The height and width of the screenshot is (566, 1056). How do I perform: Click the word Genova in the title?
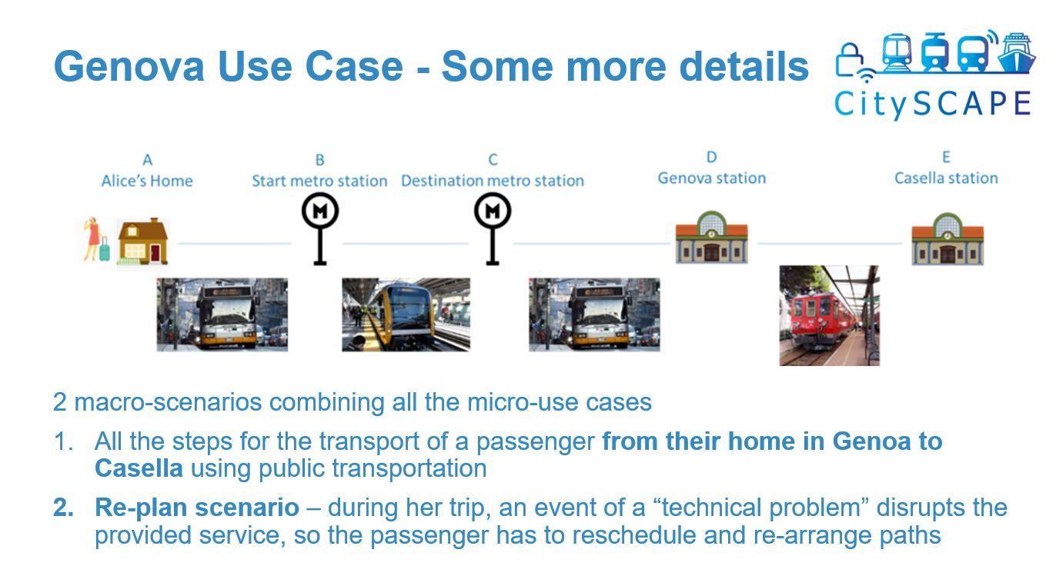pos(129,66)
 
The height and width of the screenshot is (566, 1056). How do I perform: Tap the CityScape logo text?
pos(933,104)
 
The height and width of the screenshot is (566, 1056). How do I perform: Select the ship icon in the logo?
pos(1018,53)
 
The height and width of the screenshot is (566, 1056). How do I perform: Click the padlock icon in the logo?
pos(850,60)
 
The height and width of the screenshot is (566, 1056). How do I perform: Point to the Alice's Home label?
pos(147,181)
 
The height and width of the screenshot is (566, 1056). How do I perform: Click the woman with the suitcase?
pos(96,239)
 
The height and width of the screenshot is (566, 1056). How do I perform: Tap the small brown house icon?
pos(142,241)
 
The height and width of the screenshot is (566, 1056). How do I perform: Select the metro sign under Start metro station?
pos(320,230)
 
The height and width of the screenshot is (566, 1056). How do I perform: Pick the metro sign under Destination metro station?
pos(493,230)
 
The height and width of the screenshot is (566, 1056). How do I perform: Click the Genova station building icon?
pos(711,237)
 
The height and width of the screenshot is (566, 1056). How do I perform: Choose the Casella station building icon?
pos(947,238)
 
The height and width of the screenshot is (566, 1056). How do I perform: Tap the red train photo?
pos(829,315)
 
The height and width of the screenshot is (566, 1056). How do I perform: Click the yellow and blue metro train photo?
pos(406,315)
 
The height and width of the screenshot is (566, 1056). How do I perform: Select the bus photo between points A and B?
pos(222,315)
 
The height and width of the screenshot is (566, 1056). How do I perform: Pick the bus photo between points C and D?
pos(594,315)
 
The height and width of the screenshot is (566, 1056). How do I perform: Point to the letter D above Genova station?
pos(712,158)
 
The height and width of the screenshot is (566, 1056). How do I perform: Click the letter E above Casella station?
pos(946,158)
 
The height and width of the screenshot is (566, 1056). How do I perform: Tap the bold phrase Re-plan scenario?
pos(197,508)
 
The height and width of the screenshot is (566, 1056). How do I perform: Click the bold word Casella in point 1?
pos(139,468)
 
